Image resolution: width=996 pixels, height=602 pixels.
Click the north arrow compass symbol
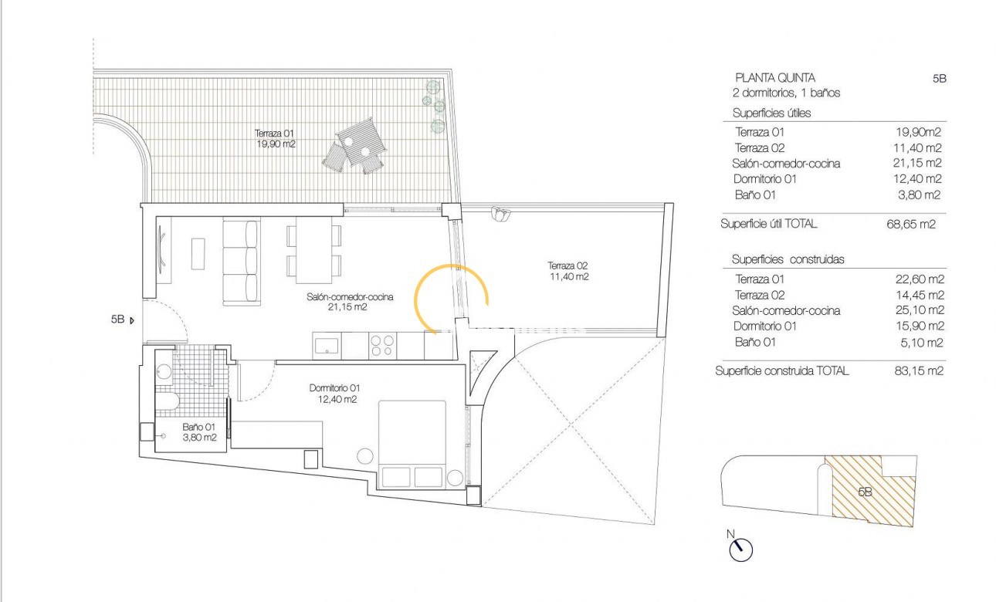click(740, 549)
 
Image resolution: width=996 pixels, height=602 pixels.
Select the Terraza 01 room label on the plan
click(275, 138)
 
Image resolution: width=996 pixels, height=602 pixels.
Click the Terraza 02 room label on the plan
click(568, 270)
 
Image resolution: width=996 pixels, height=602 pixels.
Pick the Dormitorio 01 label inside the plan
click(334, 394)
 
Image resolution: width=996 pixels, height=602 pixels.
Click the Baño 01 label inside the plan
click(198, 431)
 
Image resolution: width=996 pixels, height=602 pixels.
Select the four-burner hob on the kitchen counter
click(382, 344)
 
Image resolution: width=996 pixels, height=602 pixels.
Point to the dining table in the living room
click(313, 249)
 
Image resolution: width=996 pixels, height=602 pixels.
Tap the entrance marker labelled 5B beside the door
click(121, 319)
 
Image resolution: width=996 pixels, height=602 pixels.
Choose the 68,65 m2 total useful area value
click(911, 225)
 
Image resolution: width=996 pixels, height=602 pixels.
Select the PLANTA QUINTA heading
click(774, 77)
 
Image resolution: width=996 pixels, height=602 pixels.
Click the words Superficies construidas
click(788, 259)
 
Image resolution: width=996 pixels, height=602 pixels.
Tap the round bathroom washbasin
click(164, 370)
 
